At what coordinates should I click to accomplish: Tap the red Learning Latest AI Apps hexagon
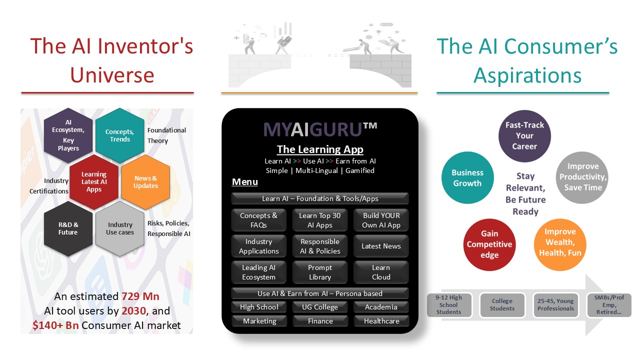click(x=94, y=181)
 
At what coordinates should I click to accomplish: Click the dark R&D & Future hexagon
click(x=68, y=228)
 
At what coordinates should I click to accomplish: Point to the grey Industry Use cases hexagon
click(x=119, y=228)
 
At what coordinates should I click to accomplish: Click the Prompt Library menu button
click(x=320, y=272)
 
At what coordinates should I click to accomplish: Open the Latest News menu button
click(x=381, y=246)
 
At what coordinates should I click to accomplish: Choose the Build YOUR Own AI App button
click(x=381, y=220)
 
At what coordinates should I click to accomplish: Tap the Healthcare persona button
click(x=381, y=321)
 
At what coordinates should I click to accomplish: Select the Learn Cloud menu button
click(x=381, y=272)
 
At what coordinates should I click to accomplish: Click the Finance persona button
click(x=320, y=321)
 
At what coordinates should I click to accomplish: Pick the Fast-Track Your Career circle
click(x=524, y=136)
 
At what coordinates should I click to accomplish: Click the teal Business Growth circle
click(x=467, y=178)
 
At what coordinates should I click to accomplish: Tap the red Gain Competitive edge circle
click(x=489, y=244)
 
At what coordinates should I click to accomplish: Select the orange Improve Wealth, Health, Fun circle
click(x=560, y=242)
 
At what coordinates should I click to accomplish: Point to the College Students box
click(x=502, y=305)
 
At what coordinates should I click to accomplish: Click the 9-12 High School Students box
click(x=449, y=305)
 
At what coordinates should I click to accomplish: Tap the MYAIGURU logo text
click(x=320, y=129)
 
